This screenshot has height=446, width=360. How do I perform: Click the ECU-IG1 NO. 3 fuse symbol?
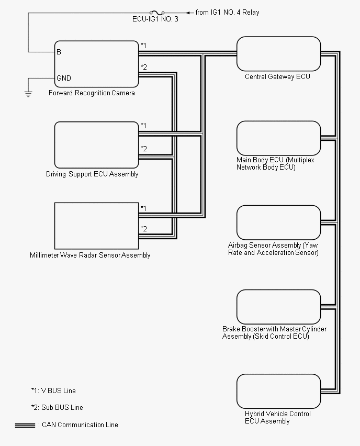tap(156, 13)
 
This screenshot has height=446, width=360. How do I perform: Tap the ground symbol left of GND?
tap(28, 94)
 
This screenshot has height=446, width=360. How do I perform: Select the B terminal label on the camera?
tap(59, 52)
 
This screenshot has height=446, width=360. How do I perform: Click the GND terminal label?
tap(64, 78)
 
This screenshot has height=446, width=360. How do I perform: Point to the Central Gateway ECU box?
tap(278, 53)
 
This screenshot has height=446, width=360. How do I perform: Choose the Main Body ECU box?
tap(278, 138)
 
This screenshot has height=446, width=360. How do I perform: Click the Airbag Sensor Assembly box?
tap(278, 222)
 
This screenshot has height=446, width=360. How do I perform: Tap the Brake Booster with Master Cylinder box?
tap(278, 307)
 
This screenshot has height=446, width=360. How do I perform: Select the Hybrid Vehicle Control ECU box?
tap(278, 391)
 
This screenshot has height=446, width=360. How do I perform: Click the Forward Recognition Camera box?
tap(96, 64)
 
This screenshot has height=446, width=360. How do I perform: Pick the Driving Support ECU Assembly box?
tap(96, 145)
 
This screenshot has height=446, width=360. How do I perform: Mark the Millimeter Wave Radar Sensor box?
tap(96, 226)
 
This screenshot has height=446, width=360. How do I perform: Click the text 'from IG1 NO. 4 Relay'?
tap(227, 13)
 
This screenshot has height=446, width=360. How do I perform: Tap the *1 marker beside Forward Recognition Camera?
tap(143, 46)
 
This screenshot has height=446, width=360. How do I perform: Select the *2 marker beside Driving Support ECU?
tap(143, 149)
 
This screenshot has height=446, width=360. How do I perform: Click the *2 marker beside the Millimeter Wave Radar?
tap(143, 229)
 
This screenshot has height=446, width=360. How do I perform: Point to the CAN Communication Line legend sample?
tap(25, 425)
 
